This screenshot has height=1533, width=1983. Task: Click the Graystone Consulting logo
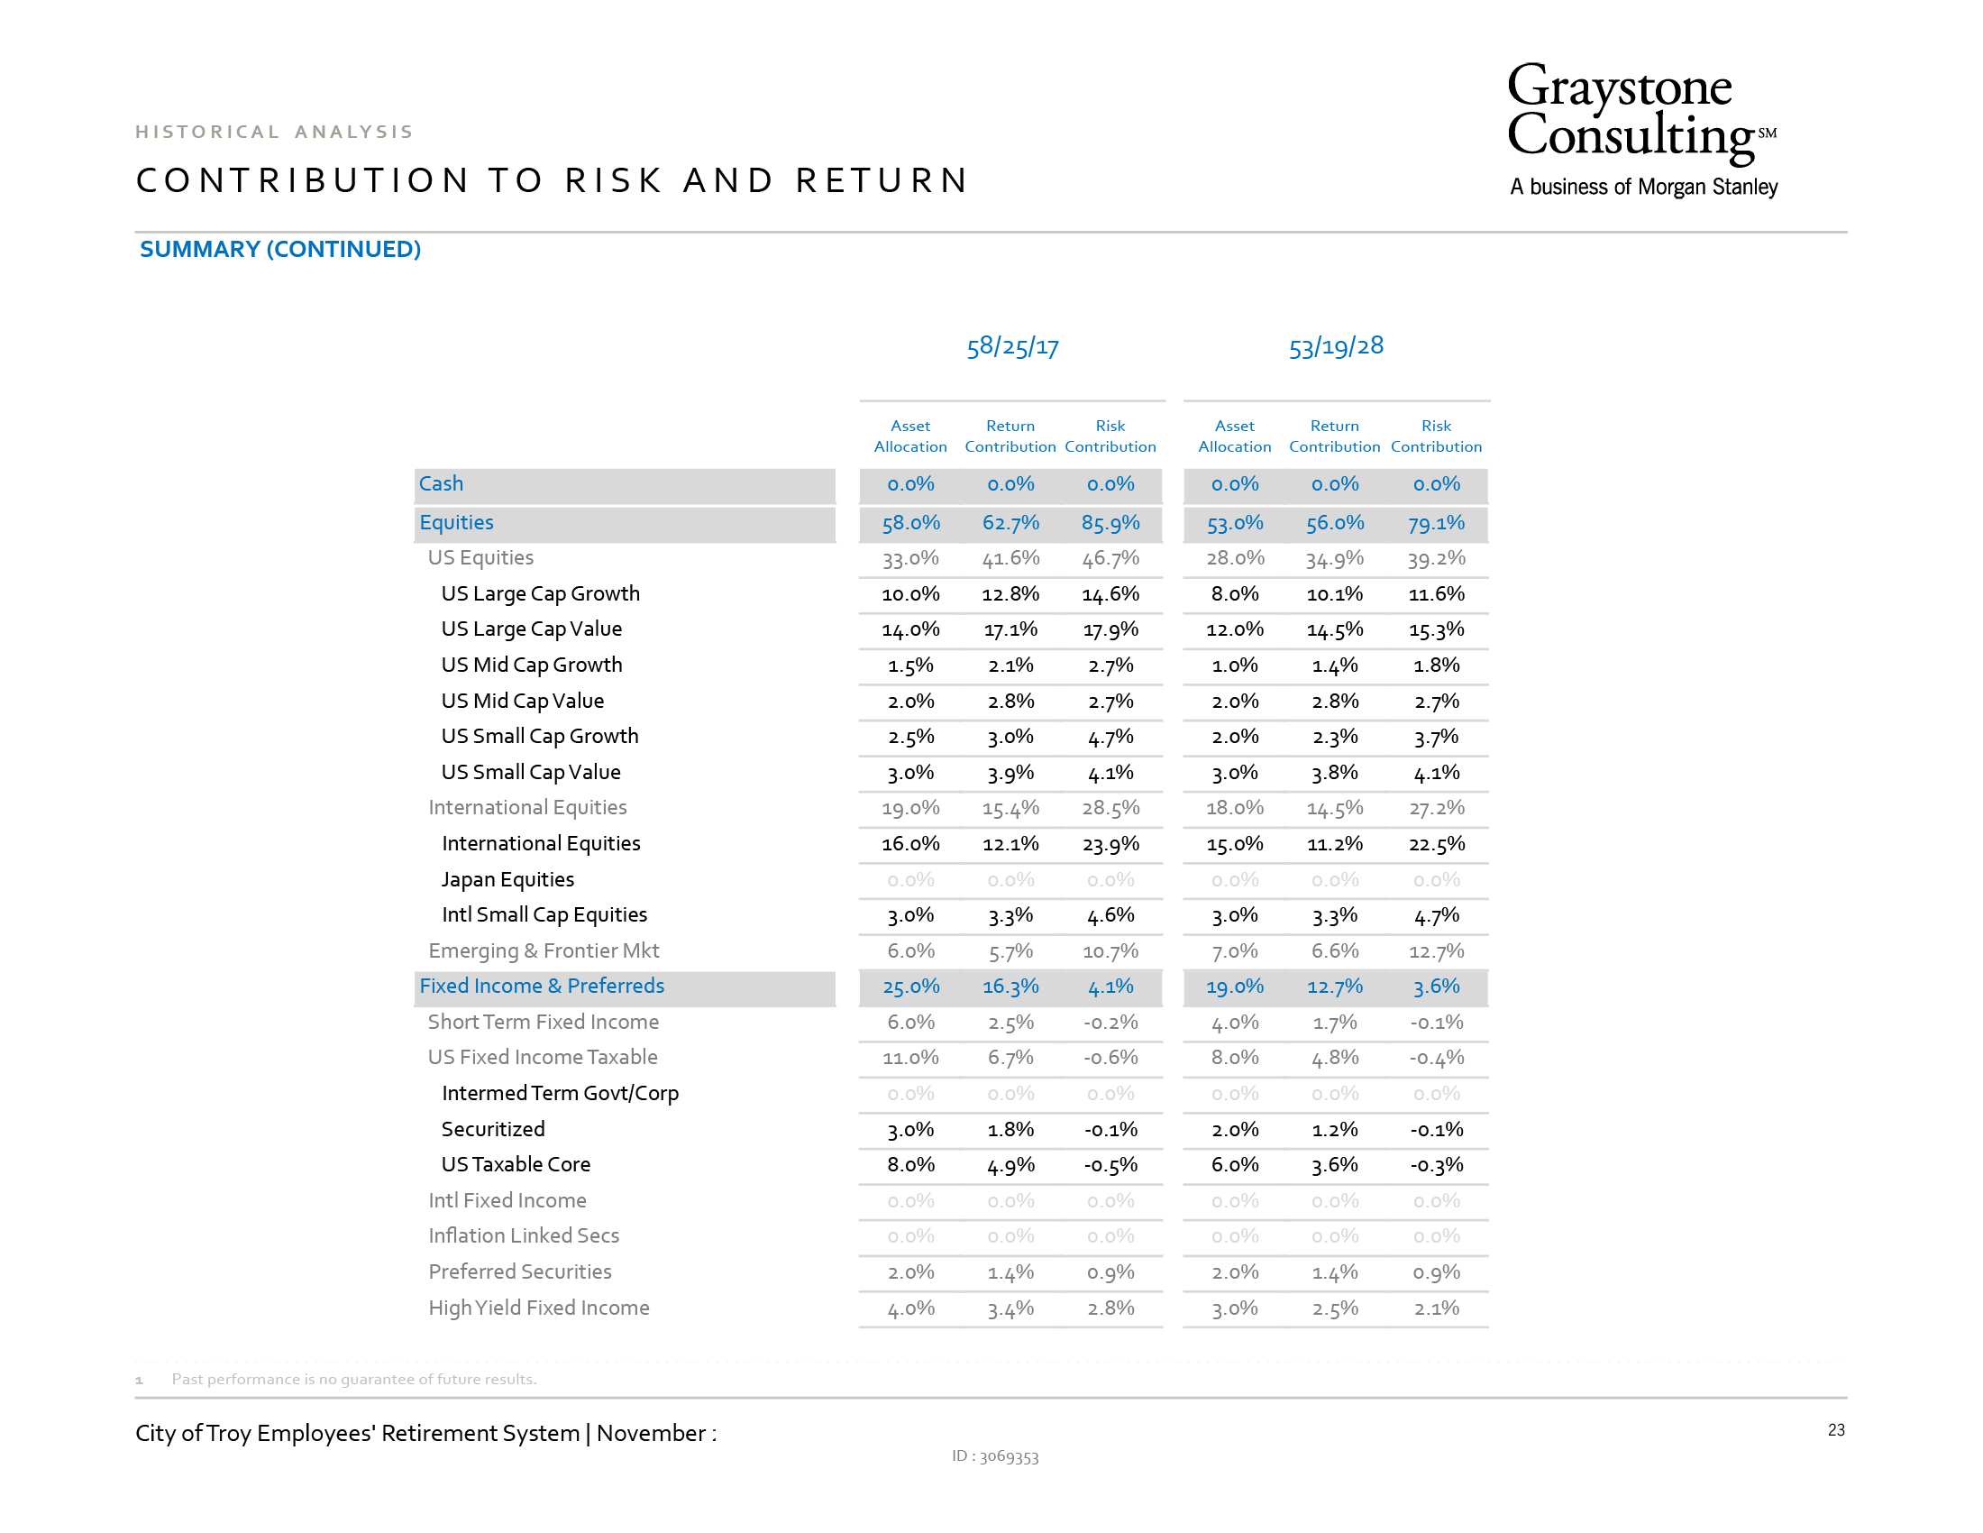click(1641, 130)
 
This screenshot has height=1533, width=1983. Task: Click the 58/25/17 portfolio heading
click(1012, 346)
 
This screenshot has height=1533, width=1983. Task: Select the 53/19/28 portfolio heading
click(1336, 346)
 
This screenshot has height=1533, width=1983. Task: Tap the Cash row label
click(442, 483)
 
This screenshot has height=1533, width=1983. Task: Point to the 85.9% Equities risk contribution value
click(1110, 523)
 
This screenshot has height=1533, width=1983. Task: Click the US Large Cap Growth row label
click(540, 594)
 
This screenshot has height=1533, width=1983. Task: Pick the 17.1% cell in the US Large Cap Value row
click(1010, 629)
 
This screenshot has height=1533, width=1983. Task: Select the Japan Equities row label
click(507, 879)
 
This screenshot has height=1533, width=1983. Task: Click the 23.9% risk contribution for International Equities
click(1110, 844)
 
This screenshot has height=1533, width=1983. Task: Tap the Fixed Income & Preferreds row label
click(542, 986)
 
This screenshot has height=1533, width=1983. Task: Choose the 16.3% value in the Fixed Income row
click(1010, 987)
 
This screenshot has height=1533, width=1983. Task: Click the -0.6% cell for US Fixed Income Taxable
click(1110, 1057)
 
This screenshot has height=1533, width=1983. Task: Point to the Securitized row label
click(493, 1129)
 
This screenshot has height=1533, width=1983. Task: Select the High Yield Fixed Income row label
click(538, 1308)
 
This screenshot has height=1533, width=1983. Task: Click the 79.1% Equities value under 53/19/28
click(1436, 523)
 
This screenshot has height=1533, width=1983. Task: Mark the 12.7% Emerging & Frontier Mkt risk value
click(1436, 950)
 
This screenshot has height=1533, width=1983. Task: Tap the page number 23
click(1836, 1430)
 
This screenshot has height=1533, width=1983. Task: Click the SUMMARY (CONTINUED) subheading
click(280, 249)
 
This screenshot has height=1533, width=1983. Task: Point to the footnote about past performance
click(354, 1379)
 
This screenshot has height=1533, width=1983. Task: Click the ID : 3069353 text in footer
click(995, 1456)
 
